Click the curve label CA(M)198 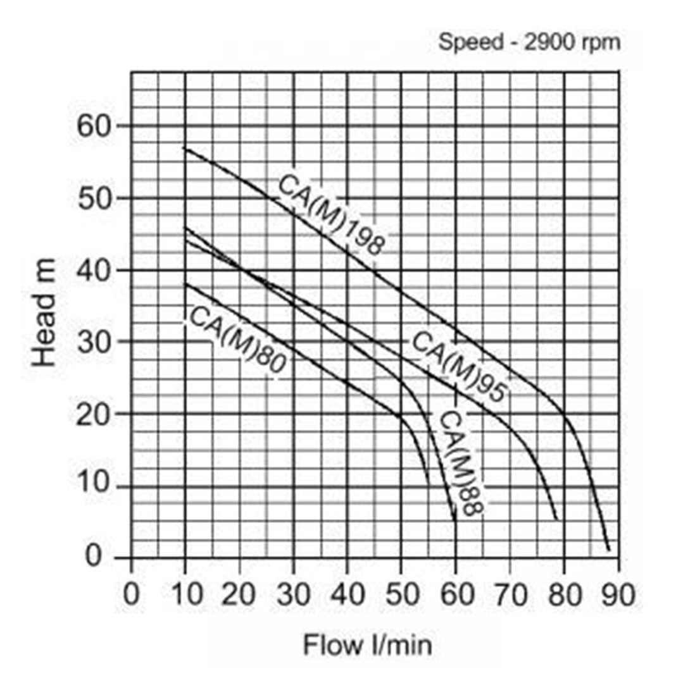pos(331,215)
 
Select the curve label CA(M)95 pos(459,367)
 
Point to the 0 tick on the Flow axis pos(131,595)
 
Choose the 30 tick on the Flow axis pos(294,595)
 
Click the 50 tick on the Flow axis pos(401,595)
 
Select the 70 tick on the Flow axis pos(510,595)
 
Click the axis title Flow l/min pos(368,646)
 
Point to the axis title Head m pos(45,313)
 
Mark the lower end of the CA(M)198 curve pos(608,550)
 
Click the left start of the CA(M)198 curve pos(185,148)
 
